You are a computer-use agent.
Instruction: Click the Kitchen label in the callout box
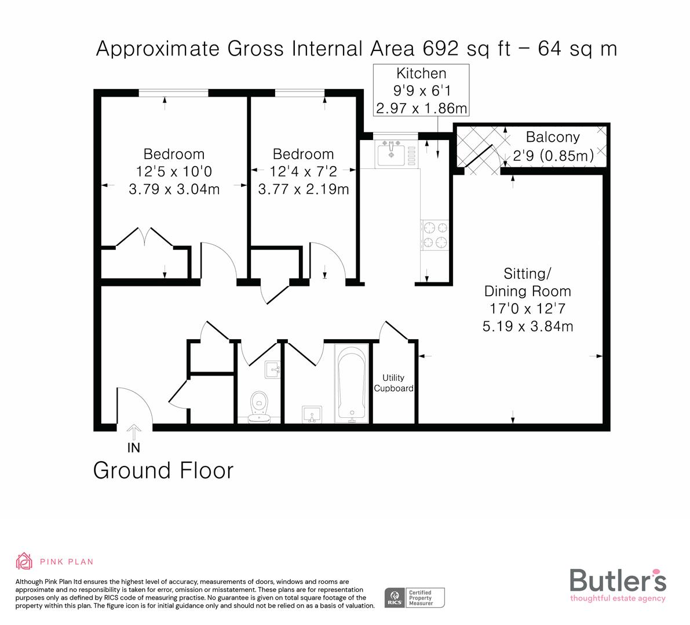click(x=421, y=73)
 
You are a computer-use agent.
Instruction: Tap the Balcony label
click(x=553, y=137)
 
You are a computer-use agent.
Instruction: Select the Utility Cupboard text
click(x=393, y=383)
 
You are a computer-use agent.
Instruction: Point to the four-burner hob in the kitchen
click(x=435, y=234)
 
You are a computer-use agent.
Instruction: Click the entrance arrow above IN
click(x=134, y=432)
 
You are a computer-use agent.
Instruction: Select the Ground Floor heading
click(x=163, y=470)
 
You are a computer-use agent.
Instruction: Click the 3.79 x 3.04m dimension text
click(x=174, y=189)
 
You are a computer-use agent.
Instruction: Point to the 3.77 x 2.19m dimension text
click(x=303, y=189)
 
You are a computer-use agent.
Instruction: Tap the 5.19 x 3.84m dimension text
click(x=528, y=326)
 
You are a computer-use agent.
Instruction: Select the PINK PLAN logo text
click(x=66, y=561)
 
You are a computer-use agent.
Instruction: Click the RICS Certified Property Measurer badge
click(x=415, y=597)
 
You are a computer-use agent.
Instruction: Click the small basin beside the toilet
click(x=272, y=369)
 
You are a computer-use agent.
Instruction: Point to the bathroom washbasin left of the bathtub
click(x=312, y=414)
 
